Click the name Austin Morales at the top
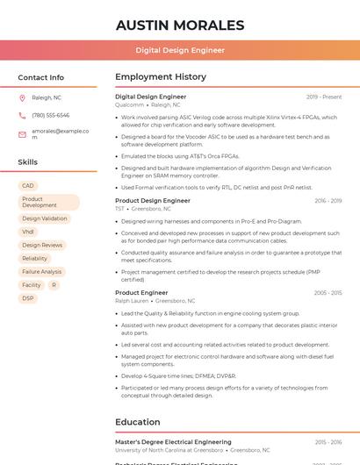pyautogui.click(x=180, y=25)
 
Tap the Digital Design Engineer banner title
pyautogui.click(x=180, y=51)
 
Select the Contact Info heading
pyautogui.click(x=40, y=77)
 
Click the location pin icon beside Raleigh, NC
pyautogui.click(x=22, y=97)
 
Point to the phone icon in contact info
pyautogui.click(x=22, y=115)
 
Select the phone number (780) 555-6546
pyautogui.click(x=50, y=115)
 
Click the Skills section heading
pyautogui.click(x=27, y=162)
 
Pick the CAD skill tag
pyautogui.click(x=28, y=185)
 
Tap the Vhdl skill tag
pyautogui.click(x=28, y=232)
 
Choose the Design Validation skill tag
pyautogui.click(x=44, y=218)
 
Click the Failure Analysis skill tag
pyautogui.click(x=41, y=272)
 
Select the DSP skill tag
pyautogui.click(x=28, y=298)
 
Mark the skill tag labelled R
pyautogui.click(x=54, y=285)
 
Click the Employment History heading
pyautogui.click(x=160, y=77)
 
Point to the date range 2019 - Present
pyautogui.click(x=324, y=97)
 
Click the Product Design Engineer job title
pyautogui.click(x=152, y=201)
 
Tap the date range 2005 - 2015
pyautogui.click(x=328, y=293)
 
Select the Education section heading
pyautogui.click(x=137, y=422)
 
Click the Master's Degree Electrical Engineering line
pyautogui.click(x=173, y=442)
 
